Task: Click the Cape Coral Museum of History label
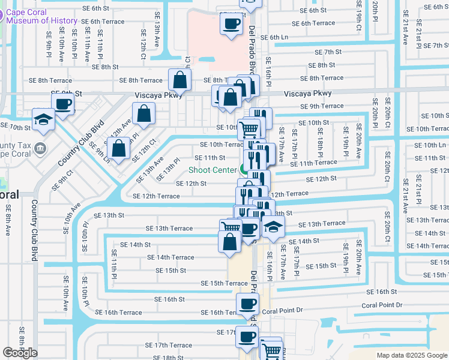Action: (42, 16)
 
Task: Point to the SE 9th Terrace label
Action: (321, 106)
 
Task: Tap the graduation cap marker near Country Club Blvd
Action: (44, 119)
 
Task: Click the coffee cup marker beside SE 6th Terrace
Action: (231, 24)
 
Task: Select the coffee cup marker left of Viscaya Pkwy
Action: (62, 103)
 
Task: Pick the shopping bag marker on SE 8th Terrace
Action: (179, 79)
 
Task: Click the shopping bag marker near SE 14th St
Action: (229, 241)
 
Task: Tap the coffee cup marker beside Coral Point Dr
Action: (247, 304)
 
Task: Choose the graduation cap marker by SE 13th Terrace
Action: (273, 227)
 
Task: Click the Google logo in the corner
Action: (20, 353)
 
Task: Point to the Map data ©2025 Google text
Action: (411, 355)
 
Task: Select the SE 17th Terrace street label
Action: (173, 346)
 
